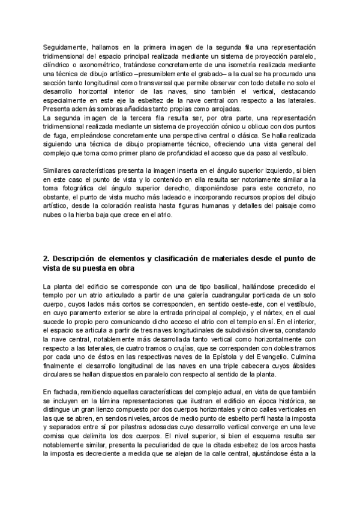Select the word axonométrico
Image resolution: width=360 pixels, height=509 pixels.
[x=96, y=65]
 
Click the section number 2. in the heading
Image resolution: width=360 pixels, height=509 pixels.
[x=47, y=258]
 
